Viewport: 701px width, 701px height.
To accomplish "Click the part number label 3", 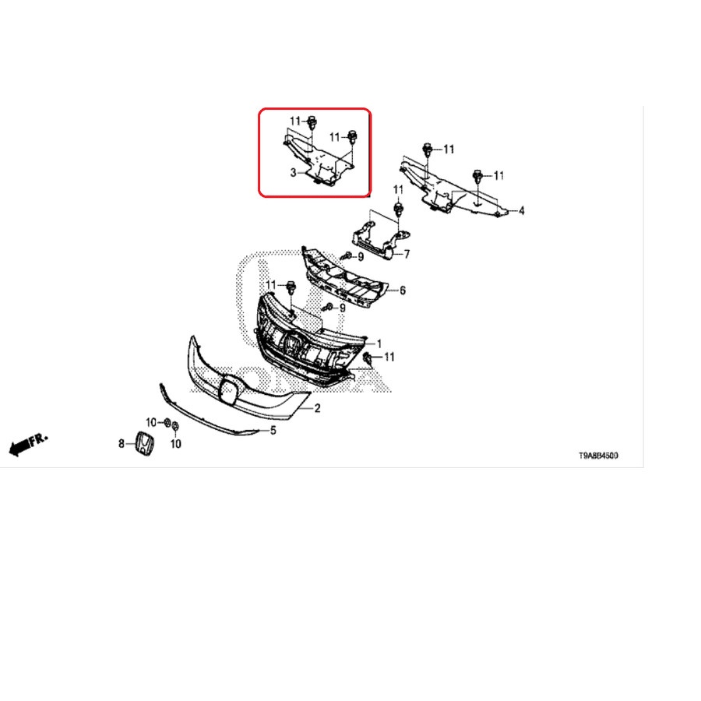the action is click(294, 173).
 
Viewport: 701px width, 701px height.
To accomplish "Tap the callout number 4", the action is click(521, 210).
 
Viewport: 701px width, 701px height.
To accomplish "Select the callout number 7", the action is click(407, 255).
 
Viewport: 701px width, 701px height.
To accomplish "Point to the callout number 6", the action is click(403, 291).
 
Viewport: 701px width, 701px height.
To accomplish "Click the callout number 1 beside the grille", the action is click(379, 343).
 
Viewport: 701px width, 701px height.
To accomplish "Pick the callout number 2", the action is click(318, 408).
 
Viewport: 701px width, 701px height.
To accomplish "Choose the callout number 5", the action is click(273, 431).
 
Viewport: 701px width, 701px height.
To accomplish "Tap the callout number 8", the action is click(122, 444).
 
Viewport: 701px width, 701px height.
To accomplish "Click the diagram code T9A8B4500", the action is click(598, 456).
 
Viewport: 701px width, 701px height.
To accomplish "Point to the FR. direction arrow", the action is click(28, 445).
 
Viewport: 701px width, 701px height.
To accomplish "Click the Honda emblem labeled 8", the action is click(145, 445).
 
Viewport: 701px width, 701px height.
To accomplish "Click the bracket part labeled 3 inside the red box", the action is click(319, 161).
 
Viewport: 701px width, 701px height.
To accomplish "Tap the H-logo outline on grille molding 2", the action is click(230, 390).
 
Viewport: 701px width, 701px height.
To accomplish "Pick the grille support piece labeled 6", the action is click(344, 280).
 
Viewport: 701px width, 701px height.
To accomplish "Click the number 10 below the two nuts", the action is click(176, 444).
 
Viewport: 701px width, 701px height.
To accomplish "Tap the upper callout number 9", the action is click(361, 257).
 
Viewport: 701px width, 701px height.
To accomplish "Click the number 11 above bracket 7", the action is click(398, 190).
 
